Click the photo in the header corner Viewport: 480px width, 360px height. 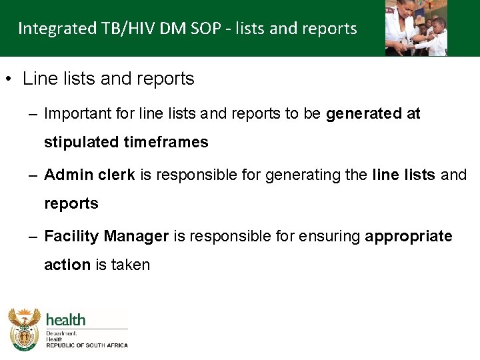click(416, 27)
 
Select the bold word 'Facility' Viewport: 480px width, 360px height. click(71, 237)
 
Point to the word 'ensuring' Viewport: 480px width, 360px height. click(334, 237)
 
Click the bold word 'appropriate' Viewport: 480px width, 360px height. click(409, 237)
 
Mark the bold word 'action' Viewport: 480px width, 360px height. click(67, 265)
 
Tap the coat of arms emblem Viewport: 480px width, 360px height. click(24, 328)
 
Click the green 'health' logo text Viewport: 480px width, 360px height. click(65, 319)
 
